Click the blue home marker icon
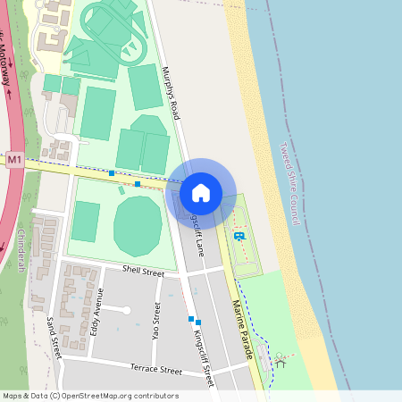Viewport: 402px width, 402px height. [x=201, y=192]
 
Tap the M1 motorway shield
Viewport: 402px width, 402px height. [x=13, y=160]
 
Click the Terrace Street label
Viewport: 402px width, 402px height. [x=156, y=368]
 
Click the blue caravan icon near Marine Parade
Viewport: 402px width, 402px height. [x=239, y=236]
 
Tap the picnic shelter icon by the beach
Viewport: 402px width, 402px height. [x=281, y=361]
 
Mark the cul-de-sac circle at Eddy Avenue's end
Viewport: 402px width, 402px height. [x=127, y=311]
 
